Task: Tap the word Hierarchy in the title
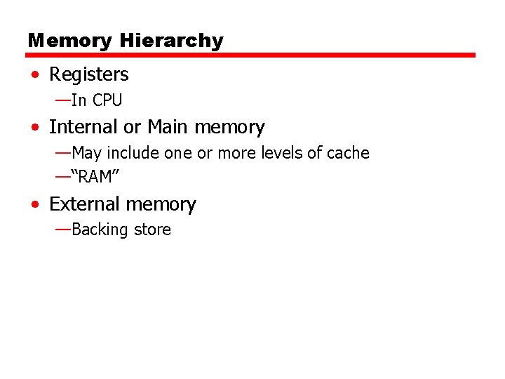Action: point(171,41)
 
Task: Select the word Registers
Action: point(89,74)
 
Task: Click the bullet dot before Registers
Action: point(35,75)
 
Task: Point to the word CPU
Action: point(107,100)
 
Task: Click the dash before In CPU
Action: point(62,100)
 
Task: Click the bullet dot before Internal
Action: point(35,128)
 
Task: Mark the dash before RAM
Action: point(62,176)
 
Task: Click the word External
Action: point(83,204)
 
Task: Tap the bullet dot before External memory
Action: point(35,205)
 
